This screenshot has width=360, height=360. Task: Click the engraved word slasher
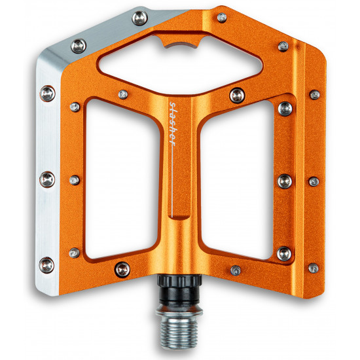[172, 124]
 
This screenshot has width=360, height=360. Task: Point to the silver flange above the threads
[179, 311]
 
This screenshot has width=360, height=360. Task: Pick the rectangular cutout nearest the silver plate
[122, 179]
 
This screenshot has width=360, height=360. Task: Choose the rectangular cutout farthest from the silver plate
[236, 179]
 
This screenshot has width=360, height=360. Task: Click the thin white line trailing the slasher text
[172, 181]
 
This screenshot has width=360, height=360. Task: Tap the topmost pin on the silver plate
[140, 18]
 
